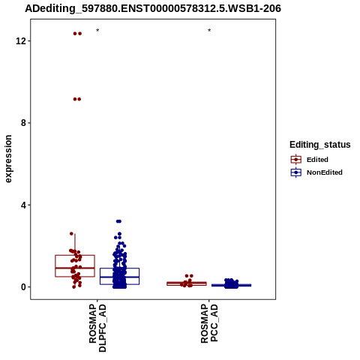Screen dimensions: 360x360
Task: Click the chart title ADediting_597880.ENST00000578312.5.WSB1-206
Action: (x=153, y=9)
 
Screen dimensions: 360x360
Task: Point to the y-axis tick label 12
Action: (x=21, y=40)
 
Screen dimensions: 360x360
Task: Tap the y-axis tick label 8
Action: (x=24, y=123)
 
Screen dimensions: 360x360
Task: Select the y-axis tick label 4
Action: (x=24, y=205)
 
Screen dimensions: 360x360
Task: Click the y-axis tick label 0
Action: (x=24, y=287)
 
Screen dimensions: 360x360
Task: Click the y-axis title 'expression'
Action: (x=8, y=159)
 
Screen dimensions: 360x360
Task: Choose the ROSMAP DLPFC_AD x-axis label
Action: (x=97, y=328)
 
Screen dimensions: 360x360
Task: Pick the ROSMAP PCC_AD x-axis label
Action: (x=209, y=323)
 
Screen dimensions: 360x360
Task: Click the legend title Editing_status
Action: (x=320, y=145)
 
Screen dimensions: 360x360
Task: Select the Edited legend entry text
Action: (x=317, y=160)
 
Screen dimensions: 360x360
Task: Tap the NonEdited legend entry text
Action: (x=325, y=172)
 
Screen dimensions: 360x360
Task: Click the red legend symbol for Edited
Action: (x=296, y=160)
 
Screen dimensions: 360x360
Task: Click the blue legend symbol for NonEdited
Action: (x=296, y=172)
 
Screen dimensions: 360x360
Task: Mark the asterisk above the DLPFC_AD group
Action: (x=97, y=31)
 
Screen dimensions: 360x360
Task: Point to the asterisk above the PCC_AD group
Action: (x=209, y=31)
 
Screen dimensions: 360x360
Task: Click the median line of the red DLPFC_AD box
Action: (x=75, y=268)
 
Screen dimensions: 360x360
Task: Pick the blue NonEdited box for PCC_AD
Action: (x=231, y=285)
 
